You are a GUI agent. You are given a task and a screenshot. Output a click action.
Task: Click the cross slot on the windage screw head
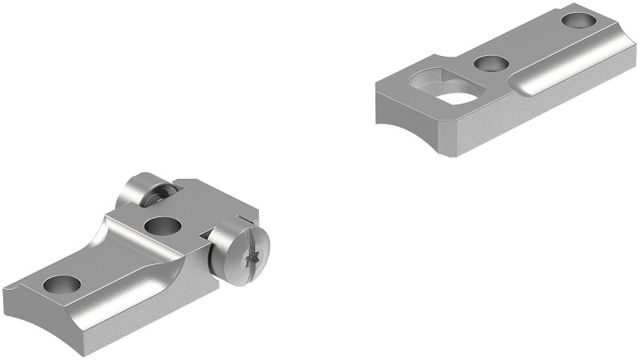click(253, 257)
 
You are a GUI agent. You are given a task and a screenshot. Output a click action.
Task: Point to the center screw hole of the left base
click(159, 227)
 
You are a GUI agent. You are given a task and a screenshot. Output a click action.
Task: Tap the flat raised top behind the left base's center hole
click(207, 208)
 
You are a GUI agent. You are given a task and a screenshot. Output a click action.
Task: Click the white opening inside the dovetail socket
click(453, 97)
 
